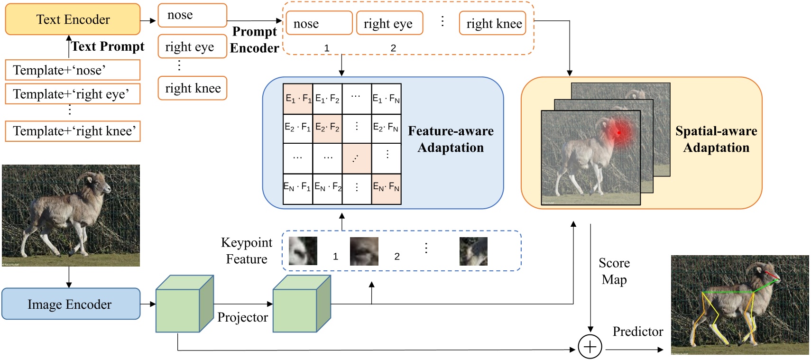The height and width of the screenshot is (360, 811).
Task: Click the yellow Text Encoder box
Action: point(73,19)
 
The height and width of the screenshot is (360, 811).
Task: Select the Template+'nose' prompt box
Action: point(73,70)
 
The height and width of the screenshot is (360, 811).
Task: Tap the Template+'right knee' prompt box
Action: point(73,131)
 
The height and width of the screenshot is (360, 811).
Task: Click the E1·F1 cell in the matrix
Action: point(298,99)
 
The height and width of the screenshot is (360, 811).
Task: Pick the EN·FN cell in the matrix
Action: point(386,188)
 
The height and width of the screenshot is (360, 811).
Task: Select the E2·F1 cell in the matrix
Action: point(298,128)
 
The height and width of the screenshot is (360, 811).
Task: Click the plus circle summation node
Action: point(590,347)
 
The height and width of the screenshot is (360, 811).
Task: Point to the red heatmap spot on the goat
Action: point(618,132)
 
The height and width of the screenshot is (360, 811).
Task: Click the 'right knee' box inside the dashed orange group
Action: point(493,24)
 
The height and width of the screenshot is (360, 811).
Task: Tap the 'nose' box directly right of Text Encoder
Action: point(192,15)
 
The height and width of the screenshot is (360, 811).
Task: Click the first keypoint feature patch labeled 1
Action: point(303,251)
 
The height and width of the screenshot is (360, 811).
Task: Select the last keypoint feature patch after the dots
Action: point(473,251)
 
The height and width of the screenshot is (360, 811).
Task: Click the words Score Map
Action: point(614,271)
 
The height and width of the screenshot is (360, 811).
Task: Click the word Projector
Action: point(242,317)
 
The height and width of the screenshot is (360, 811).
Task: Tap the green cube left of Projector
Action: point(184,304)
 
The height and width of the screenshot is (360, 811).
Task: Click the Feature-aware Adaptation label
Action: point(451,139)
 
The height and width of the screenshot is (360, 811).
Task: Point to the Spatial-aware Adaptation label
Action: point(716,139)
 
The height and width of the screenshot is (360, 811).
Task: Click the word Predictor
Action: point(637,332)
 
